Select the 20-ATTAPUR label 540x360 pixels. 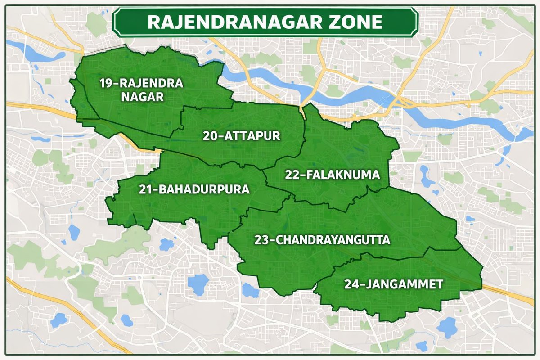241,135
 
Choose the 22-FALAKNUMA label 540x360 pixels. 333,175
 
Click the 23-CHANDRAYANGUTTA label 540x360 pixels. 322,239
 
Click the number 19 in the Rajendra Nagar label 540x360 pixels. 107,83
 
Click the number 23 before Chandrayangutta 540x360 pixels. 261,239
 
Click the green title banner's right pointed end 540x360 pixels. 415,22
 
